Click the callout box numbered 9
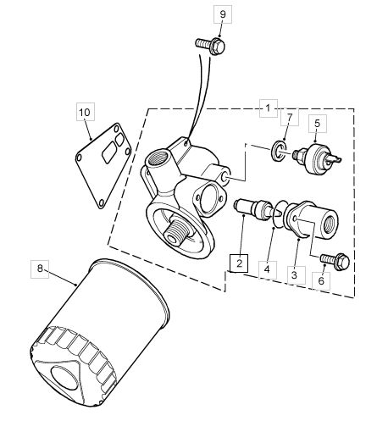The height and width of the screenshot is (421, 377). point(223,14)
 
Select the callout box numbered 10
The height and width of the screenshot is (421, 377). point(85,112)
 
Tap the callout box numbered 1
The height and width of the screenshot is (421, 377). point(269,108)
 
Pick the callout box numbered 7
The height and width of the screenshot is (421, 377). point(290,117)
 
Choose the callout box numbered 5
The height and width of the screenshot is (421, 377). point(318,124)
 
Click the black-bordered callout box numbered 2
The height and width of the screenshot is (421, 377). point(239,263)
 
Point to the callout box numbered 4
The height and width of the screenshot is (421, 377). point(267,269)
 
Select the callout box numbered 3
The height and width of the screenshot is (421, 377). point(294,274)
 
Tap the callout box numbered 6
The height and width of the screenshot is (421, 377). point(321,280)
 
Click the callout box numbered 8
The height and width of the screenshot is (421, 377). point(40,269)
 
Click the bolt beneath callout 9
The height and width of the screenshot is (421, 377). point(210,46)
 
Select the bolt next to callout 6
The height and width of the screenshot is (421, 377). point(335,261)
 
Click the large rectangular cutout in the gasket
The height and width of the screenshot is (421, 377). point(109,152)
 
